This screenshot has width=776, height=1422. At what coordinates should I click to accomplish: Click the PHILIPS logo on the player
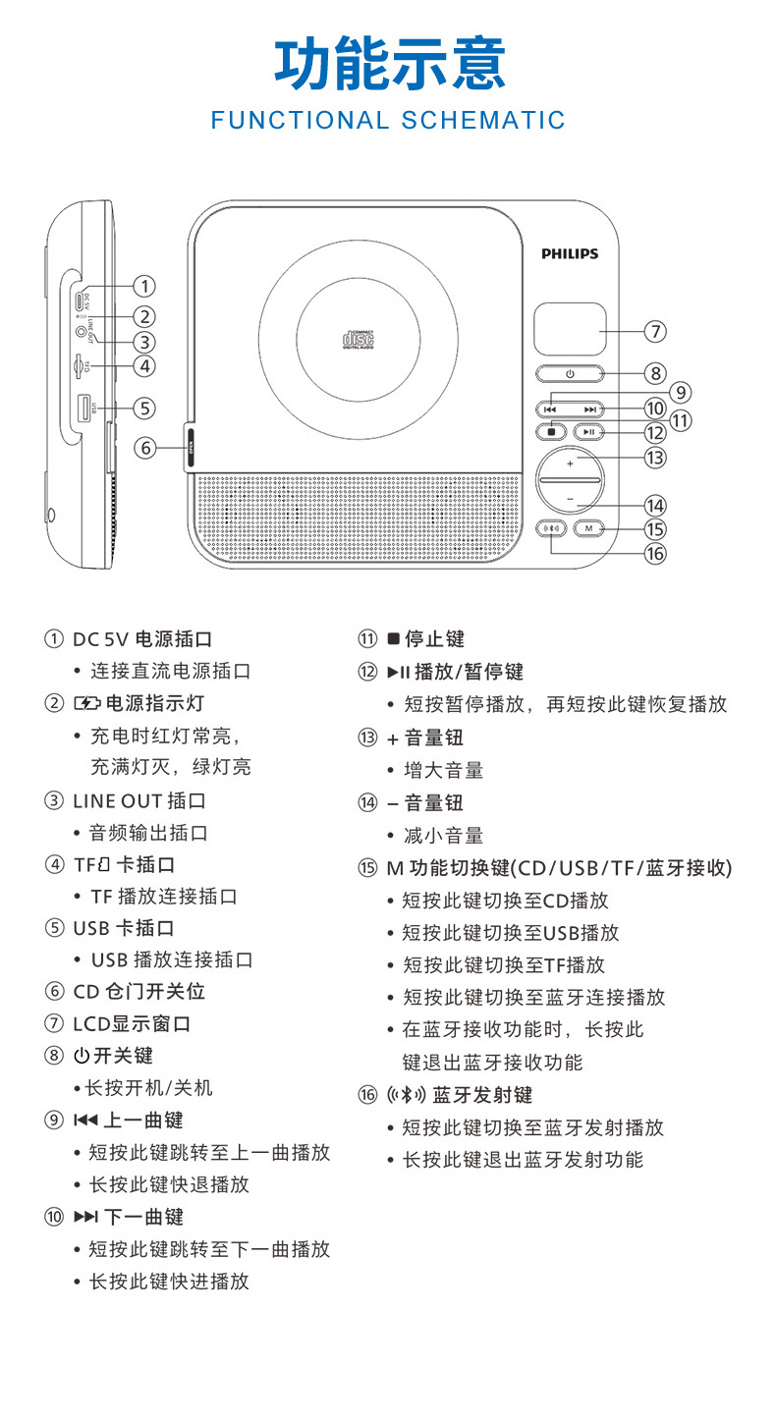[x=569, y=253]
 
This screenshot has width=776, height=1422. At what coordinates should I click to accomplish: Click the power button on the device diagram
[x=570, y=374]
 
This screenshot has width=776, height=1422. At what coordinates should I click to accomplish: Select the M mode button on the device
[x=588, y=528]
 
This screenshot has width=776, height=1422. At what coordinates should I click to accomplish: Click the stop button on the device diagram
[x=552, y=431]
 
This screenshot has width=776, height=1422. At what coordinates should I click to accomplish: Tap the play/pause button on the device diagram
[x=588, y=431]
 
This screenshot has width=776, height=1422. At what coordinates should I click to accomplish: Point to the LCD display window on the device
[x=570, y=329]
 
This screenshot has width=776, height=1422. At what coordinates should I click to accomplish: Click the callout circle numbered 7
[x=656, y=331]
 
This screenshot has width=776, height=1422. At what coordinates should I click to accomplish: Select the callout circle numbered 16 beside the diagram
[x=655, y=553]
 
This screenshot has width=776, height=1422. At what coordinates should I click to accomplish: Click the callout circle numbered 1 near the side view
[x=144, y=286]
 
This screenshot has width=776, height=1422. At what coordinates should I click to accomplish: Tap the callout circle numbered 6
[x=144, y=448]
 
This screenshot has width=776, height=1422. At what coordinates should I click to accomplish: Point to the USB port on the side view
[x=84, y=409]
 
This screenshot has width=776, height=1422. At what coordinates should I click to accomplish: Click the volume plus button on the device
[x=570, y=462]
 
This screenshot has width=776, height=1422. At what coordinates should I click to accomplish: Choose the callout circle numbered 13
[x=655, y=457]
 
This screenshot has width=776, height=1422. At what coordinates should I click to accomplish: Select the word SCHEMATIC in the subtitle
[x=483, y=121]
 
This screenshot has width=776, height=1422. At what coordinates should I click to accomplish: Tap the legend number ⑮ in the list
[x=367, y=868]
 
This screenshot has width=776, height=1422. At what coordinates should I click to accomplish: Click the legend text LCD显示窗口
[x=132, y=1024]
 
